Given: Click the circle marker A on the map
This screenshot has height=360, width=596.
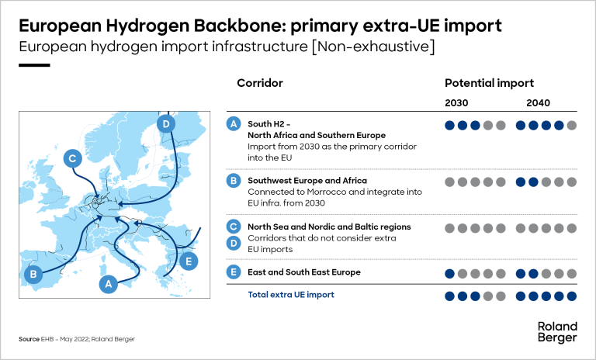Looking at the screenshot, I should click(x=109, y=285).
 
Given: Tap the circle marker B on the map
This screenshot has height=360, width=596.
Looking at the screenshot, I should click(x=33, y=274).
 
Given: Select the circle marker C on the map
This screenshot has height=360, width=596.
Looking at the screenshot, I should click(x=71, y=159).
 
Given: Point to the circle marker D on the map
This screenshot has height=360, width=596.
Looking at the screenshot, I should click(x=165, y=124).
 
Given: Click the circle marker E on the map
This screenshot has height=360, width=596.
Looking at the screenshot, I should click(x=185, y=261).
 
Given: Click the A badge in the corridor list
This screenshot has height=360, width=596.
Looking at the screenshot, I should click(x=233, y=124).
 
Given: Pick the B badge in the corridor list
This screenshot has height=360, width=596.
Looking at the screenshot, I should click(x=233, y=181).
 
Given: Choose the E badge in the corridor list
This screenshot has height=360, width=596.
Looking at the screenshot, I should click(x=233, y=272).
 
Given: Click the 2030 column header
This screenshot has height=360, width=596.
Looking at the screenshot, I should click(x=456, y=102).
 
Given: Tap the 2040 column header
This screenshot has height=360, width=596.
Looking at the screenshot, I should click(x=538, y=102).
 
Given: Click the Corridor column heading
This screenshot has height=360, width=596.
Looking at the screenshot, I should click(x=259, y=83).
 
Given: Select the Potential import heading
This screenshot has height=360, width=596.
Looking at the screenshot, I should click(x=489, y=83).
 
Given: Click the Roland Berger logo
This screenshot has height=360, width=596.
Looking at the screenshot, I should click(x=556, y=331).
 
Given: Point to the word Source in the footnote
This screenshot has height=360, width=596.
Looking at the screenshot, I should click(x=29, y=339).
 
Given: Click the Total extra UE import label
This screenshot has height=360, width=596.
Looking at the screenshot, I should click(x=291, y=295).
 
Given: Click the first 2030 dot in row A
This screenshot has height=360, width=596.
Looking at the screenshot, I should click(x=449, y=125).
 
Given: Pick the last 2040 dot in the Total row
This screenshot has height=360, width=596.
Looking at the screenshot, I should click(x=572, y=296).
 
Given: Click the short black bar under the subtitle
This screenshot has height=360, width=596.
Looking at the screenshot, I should click(x=34, y=65).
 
